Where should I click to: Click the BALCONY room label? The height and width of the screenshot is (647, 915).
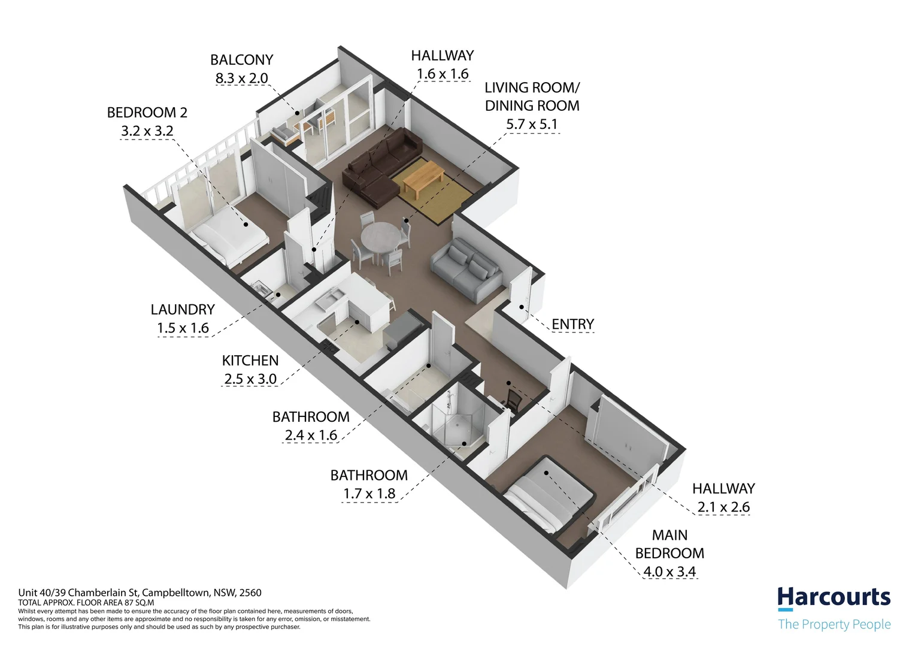(241, 60)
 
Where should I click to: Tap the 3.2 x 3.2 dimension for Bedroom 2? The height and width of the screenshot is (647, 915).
(147, 131)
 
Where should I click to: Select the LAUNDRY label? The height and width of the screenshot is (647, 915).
(183, 309)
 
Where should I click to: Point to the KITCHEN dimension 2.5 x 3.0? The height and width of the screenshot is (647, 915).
(250, 379)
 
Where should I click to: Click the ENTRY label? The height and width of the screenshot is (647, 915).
(572, 324)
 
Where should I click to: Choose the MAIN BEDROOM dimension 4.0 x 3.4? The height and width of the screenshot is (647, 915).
(669, 572)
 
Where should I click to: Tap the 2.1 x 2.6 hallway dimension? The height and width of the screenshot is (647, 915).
(723, 507)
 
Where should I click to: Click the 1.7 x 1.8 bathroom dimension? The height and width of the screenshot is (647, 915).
(369, 494)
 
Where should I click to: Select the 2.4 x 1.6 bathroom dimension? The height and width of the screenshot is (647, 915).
(311, 436)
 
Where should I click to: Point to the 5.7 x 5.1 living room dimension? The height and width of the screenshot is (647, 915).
(532, 124)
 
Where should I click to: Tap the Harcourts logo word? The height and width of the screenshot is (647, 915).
(834, 597)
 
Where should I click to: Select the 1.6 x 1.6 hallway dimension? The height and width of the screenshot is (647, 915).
(443, 74)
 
